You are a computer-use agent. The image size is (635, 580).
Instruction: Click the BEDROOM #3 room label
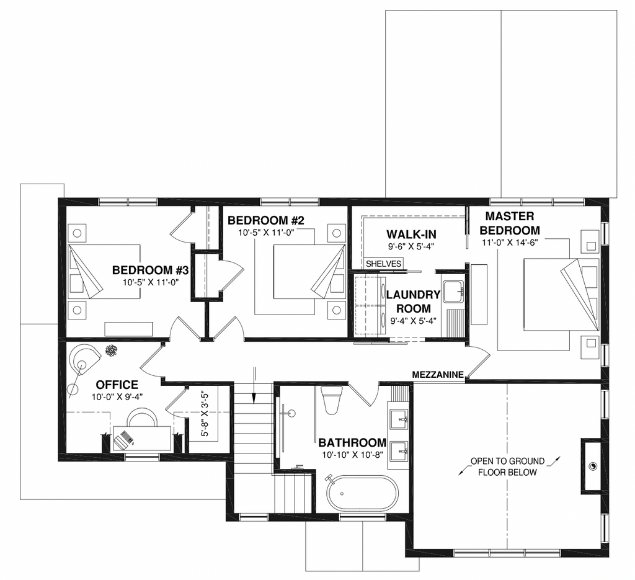click(x=151, y=270)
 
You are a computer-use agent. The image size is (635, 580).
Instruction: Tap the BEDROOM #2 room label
click(x=265, y=220)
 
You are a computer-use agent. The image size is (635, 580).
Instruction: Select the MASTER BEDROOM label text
click(x=510, y=223)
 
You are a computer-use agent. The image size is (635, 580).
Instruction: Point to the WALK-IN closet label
click(x=411, y=234)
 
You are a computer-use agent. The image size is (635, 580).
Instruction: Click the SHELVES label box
click(x=383, y=264)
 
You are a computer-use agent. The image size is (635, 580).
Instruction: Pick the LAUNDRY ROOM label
click(x=413, y=301)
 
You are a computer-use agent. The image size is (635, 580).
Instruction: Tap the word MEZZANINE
click(x=438, y=375)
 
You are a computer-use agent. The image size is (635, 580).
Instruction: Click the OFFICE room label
click(x=117, y=385)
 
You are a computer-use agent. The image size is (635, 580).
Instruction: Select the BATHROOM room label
click(x=352, y=442)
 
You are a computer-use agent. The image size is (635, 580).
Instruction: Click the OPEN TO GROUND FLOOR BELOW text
click(x=507, y=466)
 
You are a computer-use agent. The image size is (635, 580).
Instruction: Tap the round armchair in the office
click(x=84, y=360)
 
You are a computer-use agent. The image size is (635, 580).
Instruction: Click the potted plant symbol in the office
click(x=110, y=350)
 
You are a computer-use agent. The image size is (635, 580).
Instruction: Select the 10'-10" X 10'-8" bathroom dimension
click(x=353, y=455)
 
